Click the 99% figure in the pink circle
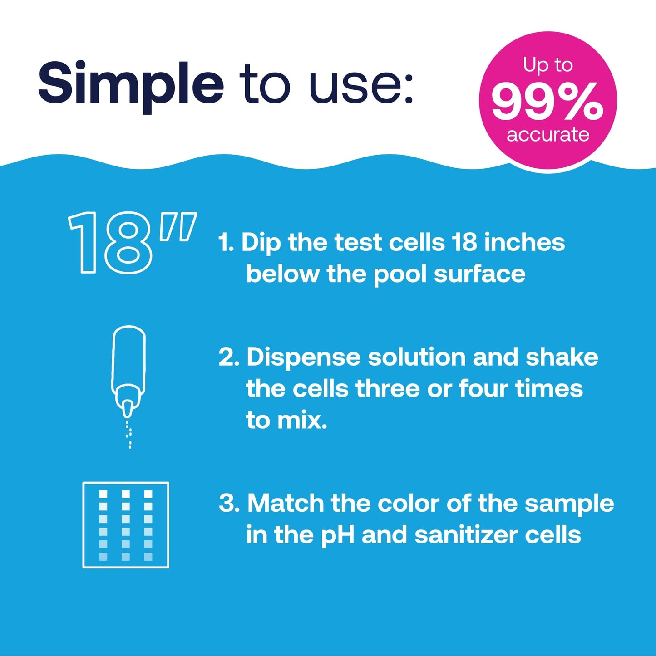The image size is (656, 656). click(547, 103)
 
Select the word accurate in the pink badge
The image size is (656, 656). click(548, 134)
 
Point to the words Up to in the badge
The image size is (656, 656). click(547, 65)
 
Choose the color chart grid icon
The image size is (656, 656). click(126, 525)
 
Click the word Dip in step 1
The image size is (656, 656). click(261, 243)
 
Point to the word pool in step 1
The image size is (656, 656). click(400, 274)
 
